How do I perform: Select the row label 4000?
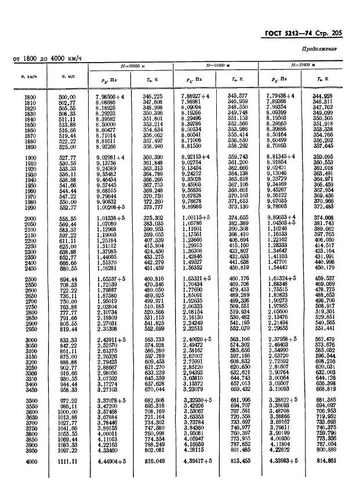[x=30, y=461]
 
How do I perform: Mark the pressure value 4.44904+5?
[x=112, y=461]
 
